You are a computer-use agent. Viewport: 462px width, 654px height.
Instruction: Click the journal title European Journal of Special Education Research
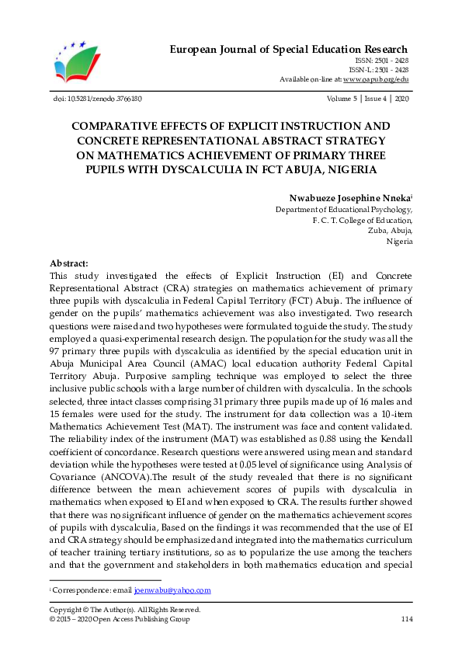click(289, 50)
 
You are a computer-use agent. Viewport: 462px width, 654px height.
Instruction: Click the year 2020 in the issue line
click(401, 99)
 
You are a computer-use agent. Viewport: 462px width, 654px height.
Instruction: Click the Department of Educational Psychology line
click(344, 210)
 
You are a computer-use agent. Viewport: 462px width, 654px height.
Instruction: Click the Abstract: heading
click(69, 264)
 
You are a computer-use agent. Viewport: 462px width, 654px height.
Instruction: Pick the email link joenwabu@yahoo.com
click(172, 590)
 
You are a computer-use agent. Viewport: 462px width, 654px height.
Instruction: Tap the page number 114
click(406, 619)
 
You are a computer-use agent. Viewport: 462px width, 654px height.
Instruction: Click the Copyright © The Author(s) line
click(124, 610)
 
